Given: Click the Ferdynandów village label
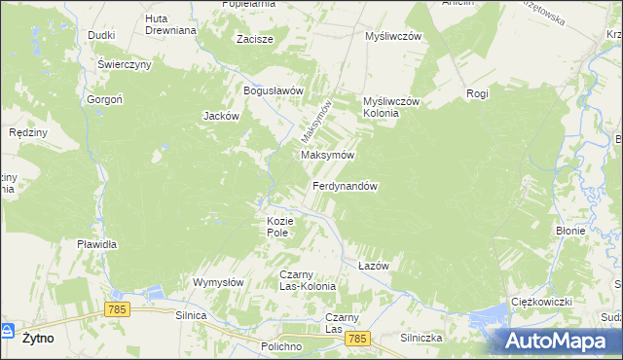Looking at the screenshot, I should coord(344,186).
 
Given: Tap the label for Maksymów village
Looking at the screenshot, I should coord(326,155).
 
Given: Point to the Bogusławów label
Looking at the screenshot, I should coord(274,90).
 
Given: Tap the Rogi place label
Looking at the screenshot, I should coord(477,93).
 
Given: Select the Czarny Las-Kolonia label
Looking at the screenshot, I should coord(308,280).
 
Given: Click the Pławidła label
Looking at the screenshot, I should coord(97,244).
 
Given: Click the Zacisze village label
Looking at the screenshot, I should coord(255,40).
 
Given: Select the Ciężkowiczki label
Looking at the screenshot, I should coord(540,302).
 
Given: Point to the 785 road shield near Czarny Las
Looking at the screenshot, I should coord(357,339).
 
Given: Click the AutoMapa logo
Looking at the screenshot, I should coord(561,341).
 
